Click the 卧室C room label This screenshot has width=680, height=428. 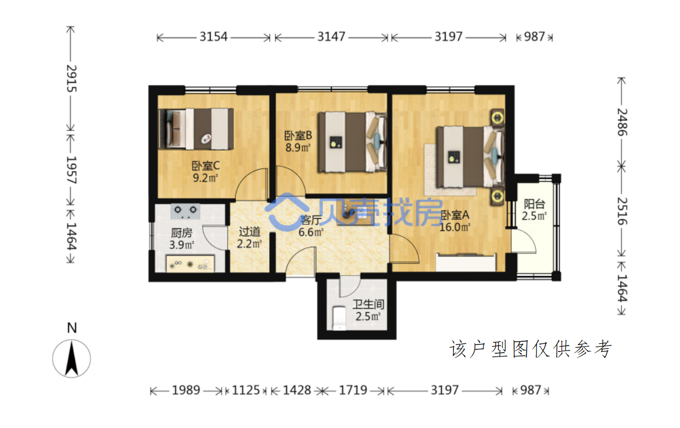[x=205, y=165]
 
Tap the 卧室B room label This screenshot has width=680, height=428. [x=298, y=135]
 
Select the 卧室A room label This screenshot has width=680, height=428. [x=455, y=215]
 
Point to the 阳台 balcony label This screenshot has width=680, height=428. [x=534, y=204]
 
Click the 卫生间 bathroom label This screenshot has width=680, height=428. [x=368, y=304]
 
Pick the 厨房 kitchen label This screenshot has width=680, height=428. [x=181, y=233]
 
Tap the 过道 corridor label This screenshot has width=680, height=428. [x=250, y=232]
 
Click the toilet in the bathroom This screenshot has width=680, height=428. [x=339, y=318]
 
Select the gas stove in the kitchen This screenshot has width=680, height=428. [x=185, y=211]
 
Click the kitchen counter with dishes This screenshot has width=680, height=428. [x=190, y=264]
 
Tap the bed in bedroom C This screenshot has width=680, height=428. [x=197, y=129]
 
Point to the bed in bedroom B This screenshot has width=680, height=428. [x=352, y=142]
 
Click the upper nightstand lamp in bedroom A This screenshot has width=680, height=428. [x=498, y=117]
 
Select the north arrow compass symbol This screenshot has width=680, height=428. [x=72, y=358]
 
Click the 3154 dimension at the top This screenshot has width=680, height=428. [x=214, y=37]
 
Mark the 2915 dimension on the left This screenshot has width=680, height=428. [x=72, y=78]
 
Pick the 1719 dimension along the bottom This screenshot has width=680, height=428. [x=353, y=390]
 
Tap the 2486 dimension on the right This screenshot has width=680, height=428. [x=622, y=122]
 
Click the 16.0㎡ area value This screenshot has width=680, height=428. [x=455, y=227]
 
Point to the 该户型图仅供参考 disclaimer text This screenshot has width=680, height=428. [x=530, y=349]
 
